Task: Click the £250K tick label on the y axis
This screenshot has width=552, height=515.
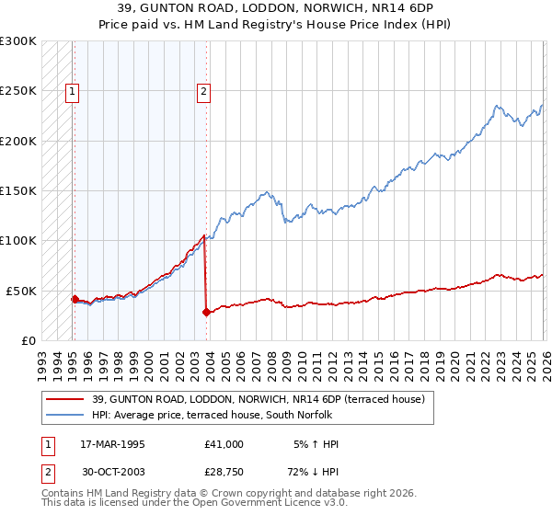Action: tap(17, 91)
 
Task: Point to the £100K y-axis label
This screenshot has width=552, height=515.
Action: tap(17, 241)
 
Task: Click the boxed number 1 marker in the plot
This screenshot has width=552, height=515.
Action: tap(72, 91)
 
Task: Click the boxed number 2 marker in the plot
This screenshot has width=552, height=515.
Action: tap(203, 91)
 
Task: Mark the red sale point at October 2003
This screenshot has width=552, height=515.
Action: tap(206, 312)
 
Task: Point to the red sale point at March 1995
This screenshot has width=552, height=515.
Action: tap(75, 299)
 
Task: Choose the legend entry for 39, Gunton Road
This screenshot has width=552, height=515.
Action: tap(258, 399)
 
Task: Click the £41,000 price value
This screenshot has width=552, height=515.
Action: tap(224, 444)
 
